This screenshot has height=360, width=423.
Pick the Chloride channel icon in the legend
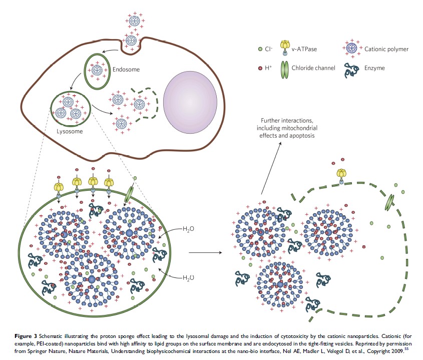(285, 68)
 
